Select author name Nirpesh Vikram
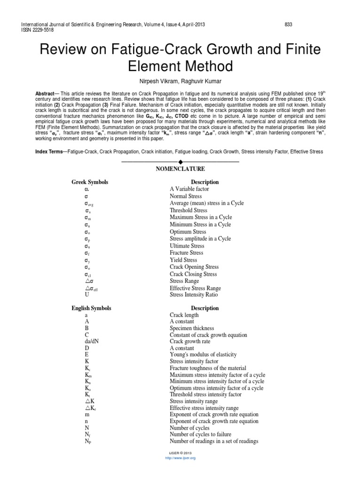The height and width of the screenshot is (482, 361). click(158, 81)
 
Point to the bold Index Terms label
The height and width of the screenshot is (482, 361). click(51, 152)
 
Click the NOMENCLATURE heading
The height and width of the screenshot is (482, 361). click(180, 169)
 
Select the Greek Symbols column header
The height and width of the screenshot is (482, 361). click(90, 182)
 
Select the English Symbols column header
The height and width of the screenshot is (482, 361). click(91, 308)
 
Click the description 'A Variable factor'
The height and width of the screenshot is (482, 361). click(189, 189)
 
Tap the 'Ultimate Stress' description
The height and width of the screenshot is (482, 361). click(187, 246)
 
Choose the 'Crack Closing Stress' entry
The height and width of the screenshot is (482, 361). click(193, 274)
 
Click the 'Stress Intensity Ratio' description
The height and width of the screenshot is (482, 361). click(194, 295)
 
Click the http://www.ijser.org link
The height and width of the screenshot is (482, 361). click(180, 458)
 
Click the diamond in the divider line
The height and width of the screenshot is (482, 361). click(180, 161)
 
